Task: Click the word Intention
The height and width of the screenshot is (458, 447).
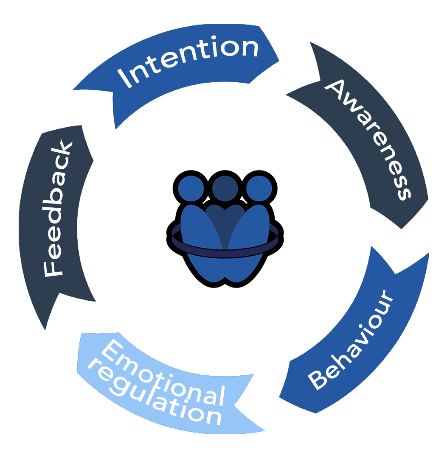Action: tap(188, 61)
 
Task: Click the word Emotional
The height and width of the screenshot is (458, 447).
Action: tap(163, 372)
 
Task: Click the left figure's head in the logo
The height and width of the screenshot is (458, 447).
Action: tap(191, 188)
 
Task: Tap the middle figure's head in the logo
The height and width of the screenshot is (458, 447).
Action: tap(225, 188)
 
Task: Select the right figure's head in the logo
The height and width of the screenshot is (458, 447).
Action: tap(259, 188)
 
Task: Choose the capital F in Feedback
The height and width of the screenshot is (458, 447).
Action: tap(53, 268)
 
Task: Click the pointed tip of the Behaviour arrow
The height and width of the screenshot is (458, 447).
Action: tap(279, 397)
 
